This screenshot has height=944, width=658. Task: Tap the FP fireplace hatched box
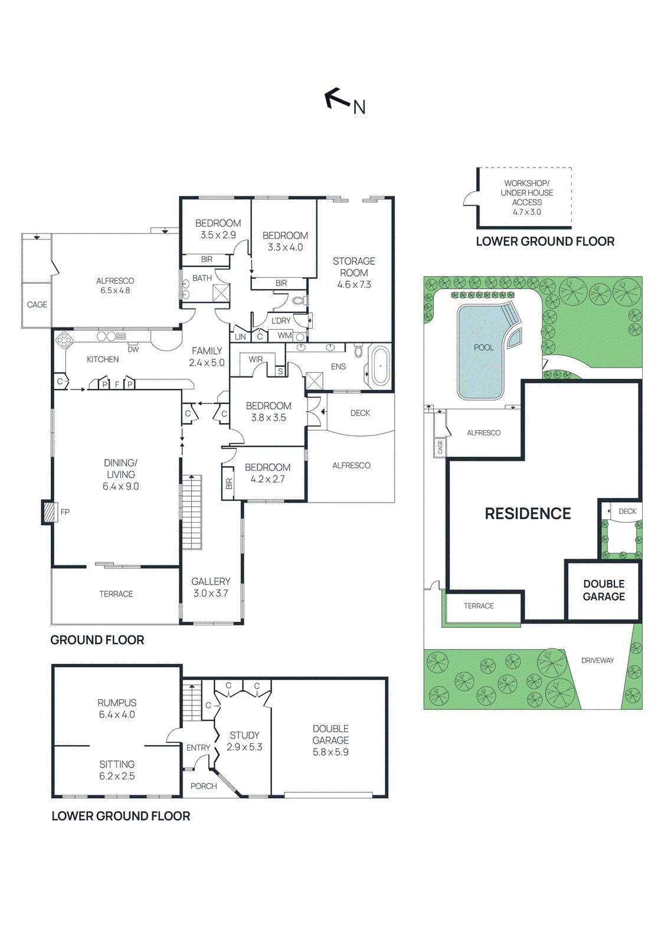[x=49, y=512]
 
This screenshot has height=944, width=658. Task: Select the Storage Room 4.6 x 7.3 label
[x=354, y=273]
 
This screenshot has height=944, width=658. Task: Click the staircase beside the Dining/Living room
[x=191, y=512]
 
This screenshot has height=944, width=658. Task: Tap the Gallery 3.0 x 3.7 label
[x=211, y=587]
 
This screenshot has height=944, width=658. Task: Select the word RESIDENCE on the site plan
[x=528, y=513]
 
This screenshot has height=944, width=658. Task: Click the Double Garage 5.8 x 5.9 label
[x=330, y=740]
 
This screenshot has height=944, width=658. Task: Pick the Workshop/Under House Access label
[x=526, y=197]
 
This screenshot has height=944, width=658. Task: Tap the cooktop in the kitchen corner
[x=64, y=340]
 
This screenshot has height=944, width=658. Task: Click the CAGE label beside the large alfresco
[x=37, y=304]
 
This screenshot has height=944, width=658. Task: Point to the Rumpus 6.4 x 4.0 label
[x=117, y=708]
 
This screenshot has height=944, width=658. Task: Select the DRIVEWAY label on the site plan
[x=597, y=660]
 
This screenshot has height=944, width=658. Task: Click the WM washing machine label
[x=284, y=335]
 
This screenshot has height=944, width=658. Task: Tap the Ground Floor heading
[x=97, y=640]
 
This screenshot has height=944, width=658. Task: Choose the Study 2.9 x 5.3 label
[x=244, y=740]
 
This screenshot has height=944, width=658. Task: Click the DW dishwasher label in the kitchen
[x=133, y=349]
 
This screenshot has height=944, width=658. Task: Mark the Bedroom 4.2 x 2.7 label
[x=267, y=473]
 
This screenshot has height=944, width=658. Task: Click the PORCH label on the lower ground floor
[x=204, y=786]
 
